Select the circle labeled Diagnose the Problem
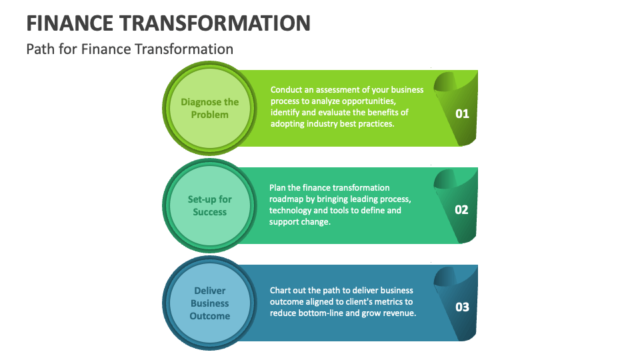pyautogui.click(x=209, y=108)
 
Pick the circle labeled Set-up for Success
pyautogui.click(x=209, y=205)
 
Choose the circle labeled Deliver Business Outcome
pyautogui.click(x=209, y=303)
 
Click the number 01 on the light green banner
pyautogui.click(x=462, y=114)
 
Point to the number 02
pyautogui.click(x=462, y=210)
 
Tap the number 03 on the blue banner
pyautogui.click(x=462, y=307)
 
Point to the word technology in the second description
pyautogui.click(x=291, y=211)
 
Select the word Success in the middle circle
pyautogui.click(x=209, y=212)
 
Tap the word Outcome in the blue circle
pyautogui.click(x=209, y=316)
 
